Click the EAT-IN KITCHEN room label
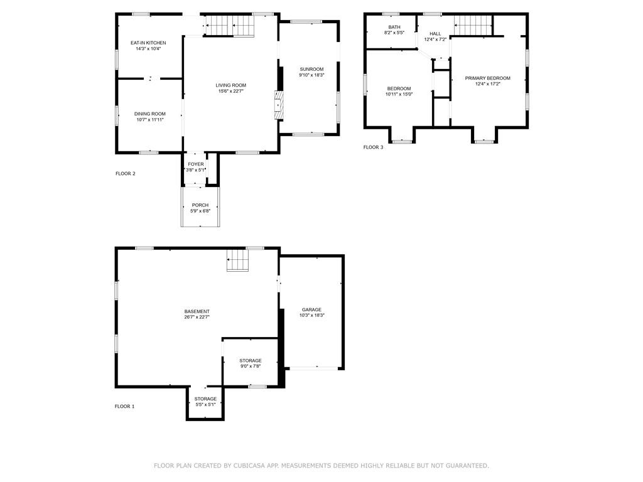pos(148,43)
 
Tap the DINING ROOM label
pos(149,114)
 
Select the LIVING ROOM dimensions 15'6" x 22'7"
pos(230,91)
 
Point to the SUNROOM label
pos(311,69)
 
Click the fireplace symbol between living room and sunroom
pos(279,105)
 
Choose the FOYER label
pos(196,164)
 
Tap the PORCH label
pos(200,205)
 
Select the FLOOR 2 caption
pos(126,174)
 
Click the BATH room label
pos(394,27)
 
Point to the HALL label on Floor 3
pos(435,34)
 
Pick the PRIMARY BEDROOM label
pos(487,78)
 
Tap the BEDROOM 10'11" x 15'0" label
pos(399,88)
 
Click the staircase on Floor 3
pos(472,26)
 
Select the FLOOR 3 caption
pos(373,147)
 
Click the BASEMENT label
pos(197,311)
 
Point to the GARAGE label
pos(311,309)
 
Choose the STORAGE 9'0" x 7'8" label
pos(251,361)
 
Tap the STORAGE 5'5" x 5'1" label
pos(205,399)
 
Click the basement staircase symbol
pos(238,260)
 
